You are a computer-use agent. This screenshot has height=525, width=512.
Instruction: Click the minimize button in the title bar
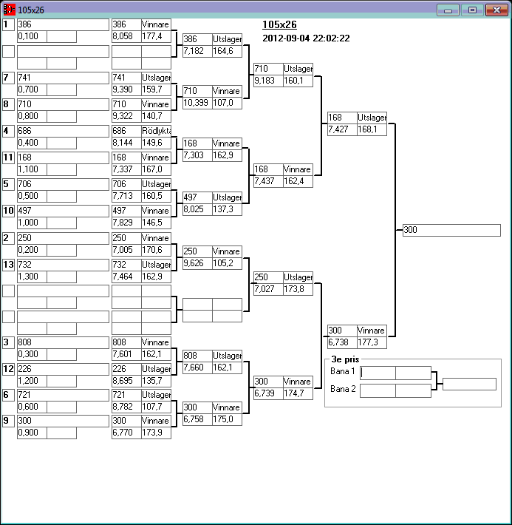pos(448,10)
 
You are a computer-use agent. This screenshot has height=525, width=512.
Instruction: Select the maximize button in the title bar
pos(471,10)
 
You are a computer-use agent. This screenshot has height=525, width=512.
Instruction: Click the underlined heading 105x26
pos(279,24)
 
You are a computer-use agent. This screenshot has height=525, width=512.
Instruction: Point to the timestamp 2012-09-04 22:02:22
pos(306,38)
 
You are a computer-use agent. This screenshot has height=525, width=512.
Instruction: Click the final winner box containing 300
pos(451,230)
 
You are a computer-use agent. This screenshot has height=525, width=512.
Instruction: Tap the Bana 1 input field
pos(378,373)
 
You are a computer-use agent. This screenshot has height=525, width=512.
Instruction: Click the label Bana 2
pos(343,389)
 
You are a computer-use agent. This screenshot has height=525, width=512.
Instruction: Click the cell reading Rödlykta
pos(156,131)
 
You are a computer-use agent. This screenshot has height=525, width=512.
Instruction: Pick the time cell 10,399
pos(197,103)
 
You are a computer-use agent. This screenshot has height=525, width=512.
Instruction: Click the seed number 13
pos(8,264)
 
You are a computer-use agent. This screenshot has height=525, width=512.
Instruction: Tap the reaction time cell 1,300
pos(32,276)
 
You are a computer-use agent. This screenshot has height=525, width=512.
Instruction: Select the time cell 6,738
pos(341,342)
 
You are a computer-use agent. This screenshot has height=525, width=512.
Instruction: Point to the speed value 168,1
pos(372,129)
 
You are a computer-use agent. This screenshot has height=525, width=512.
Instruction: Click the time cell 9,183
pos(267,81)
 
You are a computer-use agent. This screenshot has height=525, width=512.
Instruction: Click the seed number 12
pos(8,368)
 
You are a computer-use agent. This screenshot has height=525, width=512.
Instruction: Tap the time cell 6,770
pos(126,433)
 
